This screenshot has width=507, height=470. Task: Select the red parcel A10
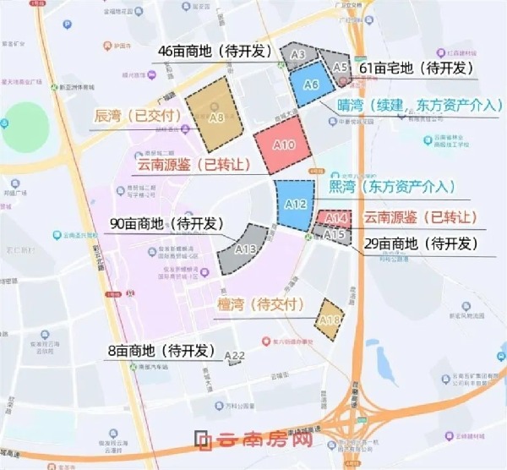pos(286,145)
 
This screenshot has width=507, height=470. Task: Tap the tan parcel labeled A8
pos(215,110)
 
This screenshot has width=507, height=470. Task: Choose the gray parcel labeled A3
pos(297,55)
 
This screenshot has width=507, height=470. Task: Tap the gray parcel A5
pos(340,66)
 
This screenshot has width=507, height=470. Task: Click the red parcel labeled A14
pos(330,218)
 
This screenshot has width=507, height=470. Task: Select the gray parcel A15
pos(334,234)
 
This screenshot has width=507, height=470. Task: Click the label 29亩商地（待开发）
pos(419,243)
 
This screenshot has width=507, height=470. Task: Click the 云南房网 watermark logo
pos(254,440)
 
